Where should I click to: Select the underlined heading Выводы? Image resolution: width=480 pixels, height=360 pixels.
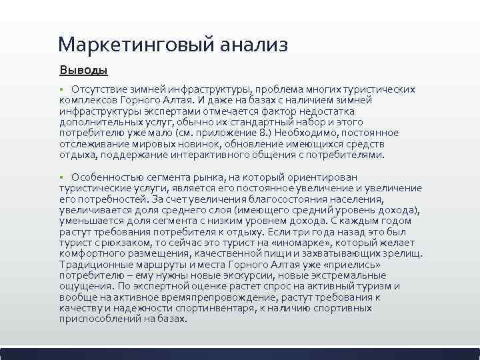(x=83, y=69)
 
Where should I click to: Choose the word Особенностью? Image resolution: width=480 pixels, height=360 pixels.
(x=106, y=177)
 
